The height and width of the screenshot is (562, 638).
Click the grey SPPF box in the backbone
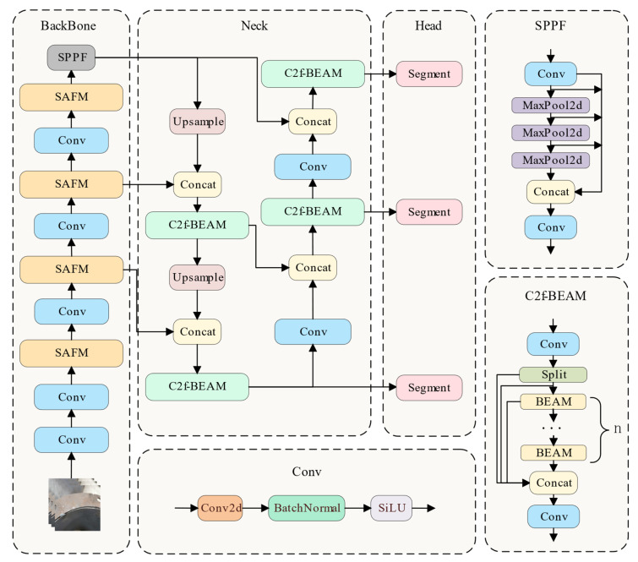71,57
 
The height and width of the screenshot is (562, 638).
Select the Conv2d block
220,508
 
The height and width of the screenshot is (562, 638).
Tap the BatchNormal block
307,508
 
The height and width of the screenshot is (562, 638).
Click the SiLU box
391,508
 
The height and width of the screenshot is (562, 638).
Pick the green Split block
553,374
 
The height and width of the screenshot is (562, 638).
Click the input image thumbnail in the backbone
74,505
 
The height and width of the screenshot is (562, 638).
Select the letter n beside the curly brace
617,428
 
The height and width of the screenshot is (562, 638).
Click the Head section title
428,25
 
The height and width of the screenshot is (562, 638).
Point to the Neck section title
254,25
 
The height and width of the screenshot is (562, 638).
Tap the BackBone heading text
68,25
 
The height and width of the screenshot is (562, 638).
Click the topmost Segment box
429,74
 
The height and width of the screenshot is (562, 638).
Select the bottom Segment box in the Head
429,388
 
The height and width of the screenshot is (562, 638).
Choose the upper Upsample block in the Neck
198,121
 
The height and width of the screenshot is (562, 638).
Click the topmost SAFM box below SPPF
71,97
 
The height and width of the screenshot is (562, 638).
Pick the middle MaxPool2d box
550,133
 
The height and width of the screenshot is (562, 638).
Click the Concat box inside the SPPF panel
550,192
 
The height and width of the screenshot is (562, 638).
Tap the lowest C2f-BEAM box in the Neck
198,386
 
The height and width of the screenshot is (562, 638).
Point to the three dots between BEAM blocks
552,428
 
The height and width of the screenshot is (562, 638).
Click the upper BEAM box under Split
553,401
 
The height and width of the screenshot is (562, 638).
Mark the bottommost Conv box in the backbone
71,440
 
